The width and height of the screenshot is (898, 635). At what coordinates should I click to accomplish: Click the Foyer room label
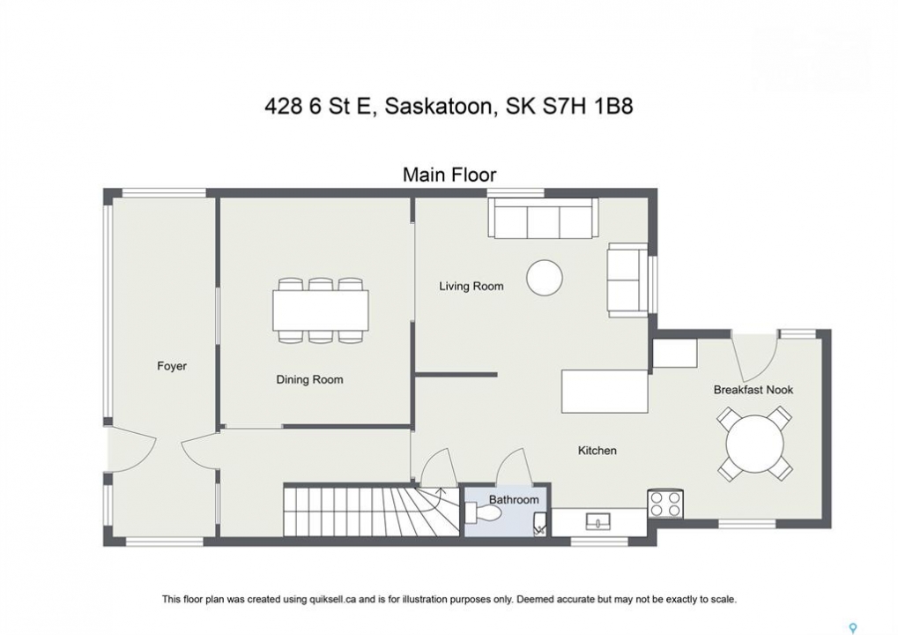[x=172, y=366]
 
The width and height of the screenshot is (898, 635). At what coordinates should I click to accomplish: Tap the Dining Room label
[x=309, y=379]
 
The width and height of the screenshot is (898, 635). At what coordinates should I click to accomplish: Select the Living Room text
[x=471, y=286]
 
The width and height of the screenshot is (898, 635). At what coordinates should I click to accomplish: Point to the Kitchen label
[x=597, y=451]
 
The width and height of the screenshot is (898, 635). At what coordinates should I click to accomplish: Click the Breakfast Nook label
[x=753, y=390]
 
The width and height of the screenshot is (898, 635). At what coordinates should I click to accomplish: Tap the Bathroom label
[x=514, y=500]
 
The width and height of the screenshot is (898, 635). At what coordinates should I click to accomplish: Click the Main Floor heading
[x=449, y=175]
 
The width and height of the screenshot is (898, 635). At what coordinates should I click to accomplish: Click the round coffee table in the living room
[x=544, y=278]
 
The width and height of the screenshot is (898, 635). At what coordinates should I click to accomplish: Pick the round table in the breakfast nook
[x=755, y=444]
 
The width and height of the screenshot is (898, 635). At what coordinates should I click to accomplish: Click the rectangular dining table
[x=320, y=310]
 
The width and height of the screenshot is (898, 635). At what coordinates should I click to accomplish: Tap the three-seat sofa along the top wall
[x=543, y=217]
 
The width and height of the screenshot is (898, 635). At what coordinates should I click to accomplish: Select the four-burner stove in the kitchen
[x=665, y=504]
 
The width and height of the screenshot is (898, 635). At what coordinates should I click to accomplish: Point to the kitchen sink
[x=597, y=521]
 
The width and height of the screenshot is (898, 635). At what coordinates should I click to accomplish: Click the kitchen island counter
[x=605, y=392]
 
